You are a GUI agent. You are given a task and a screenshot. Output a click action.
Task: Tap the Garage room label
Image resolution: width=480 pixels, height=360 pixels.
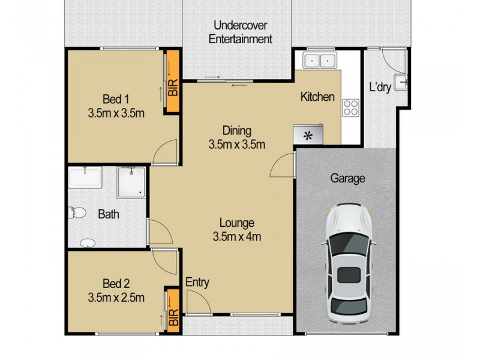[347, 178]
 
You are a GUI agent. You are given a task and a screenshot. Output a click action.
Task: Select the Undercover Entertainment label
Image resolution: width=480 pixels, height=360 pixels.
[240, 32]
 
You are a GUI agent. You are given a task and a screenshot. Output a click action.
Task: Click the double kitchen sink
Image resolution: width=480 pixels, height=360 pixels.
[319, 59]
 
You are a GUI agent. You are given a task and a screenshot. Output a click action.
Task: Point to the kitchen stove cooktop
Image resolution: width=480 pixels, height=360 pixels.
[350, 108]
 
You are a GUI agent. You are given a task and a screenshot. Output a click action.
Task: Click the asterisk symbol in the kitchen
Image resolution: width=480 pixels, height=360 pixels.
[308, 136]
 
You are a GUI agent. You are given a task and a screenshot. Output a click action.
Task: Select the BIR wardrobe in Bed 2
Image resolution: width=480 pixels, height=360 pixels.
[173, 309]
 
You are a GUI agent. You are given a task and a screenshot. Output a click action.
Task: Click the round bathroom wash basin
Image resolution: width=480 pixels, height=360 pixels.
[88, 243]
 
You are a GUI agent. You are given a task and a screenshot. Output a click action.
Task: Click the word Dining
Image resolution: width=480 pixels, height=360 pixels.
[236, 130]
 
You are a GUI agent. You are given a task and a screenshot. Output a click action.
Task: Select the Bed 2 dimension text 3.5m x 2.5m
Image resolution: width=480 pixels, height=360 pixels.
[117, 296]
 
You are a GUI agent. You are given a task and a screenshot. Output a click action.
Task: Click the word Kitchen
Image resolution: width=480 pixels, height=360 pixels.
[317, 97]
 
